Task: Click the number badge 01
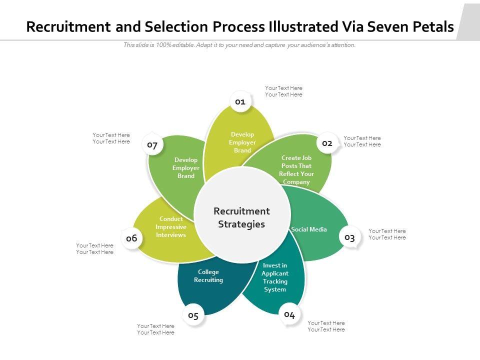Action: (240, 102)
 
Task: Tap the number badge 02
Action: (327, 143)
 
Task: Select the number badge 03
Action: (349, 237)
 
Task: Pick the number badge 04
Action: (289, 314)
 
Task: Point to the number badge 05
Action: (193, 315)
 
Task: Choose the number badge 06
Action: (131, 238)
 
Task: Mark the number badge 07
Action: (152, 145)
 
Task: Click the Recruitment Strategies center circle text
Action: (241, 217)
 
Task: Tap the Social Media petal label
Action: (309, 229)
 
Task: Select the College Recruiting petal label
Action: (208, 276)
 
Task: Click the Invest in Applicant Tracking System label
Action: (275, 277)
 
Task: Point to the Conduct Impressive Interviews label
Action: (171, 227)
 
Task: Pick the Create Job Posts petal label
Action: (296, 170)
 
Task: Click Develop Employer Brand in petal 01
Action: (242, 142)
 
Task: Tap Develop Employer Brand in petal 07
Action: (186, 168)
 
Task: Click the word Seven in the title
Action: (389, 26)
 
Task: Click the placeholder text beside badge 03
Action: (387, 234)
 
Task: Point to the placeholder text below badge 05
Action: (156, 329)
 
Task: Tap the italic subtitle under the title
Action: (239, 45)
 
